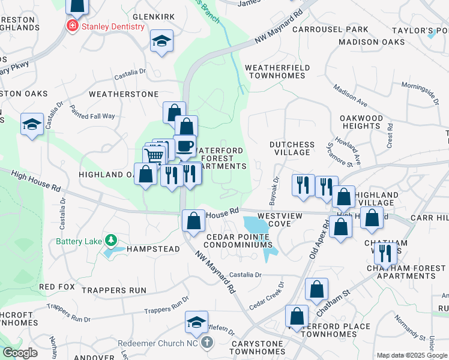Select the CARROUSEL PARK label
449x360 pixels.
click(x=330, y=29)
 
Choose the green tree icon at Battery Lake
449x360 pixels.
click(x=110, y=241)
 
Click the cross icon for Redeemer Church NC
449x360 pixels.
click(x=206, y=343)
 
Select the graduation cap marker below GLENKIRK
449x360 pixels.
click(x=161, y=41)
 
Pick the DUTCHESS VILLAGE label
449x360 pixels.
click(x=292, y=148)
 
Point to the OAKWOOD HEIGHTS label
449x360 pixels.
click(x=361, y=122)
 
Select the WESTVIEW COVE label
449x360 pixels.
click(x=274, y=219)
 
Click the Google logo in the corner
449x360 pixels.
click(x=20, y=352)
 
